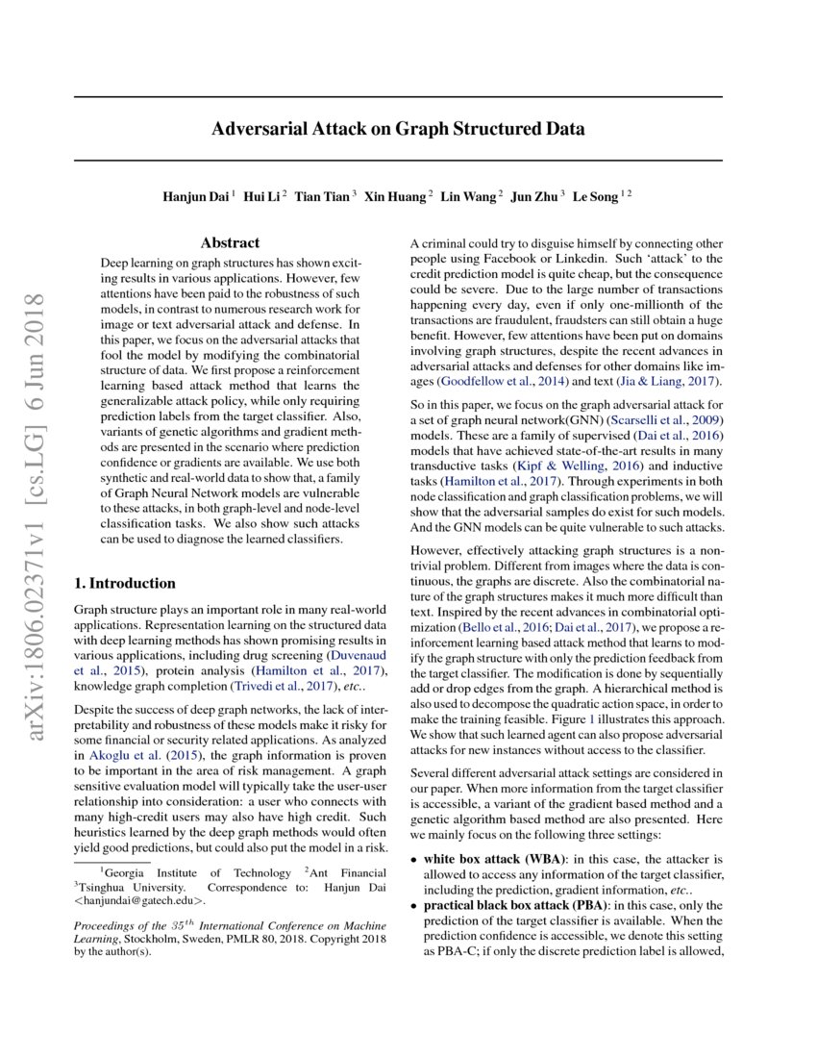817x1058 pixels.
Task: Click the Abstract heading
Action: (230, 243)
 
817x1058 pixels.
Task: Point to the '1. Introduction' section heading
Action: (125, 583)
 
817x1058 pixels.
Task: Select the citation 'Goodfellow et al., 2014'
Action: (491, 382)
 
